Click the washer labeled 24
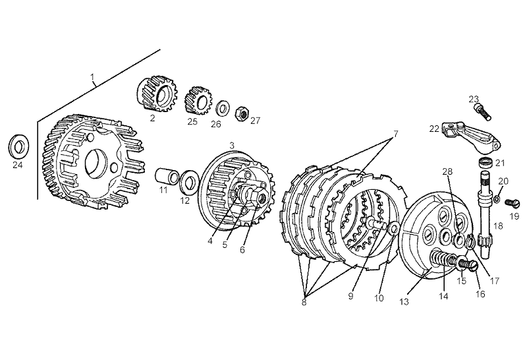(18, 146)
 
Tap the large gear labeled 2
(157, 94)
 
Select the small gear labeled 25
(198, 101)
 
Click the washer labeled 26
(222, 107)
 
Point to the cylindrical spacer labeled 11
(168, 175)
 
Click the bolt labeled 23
(483, 112)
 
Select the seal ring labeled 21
(485, 162)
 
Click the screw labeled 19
(513, 202)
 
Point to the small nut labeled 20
(497, 200)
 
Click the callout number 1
(92, 77)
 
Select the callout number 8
(304, 302)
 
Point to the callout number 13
(404, 301)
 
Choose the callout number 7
(396, 134)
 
